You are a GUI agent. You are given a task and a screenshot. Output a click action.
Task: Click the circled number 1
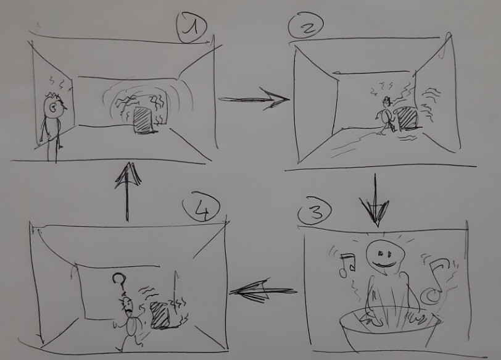coord(192,28)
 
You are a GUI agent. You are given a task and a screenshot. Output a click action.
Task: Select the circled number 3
coord(315,212)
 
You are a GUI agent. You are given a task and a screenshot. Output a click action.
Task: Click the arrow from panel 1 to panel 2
coord(254,99)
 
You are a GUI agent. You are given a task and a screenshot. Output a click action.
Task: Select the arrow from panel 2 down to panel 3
coord(375,201)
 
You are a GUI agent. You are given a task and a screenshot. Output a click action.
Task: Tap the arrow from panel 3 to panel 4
coord(263,291)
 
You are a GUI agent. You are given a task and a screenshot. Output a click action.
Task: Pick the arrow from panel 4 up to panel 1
coord(128,191)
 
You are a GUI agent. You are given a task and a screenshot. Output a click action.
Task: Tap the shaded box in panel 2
coord(407,118)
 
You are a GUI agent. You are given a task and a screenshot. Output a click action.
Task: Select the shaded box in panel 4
coord(160,315)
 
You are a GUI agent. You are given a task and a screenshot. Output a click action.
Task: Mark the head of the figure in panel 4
coord(127,304)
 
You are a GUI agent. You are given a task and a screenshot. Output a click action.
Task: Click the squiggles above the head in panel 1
coord(59,83)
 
